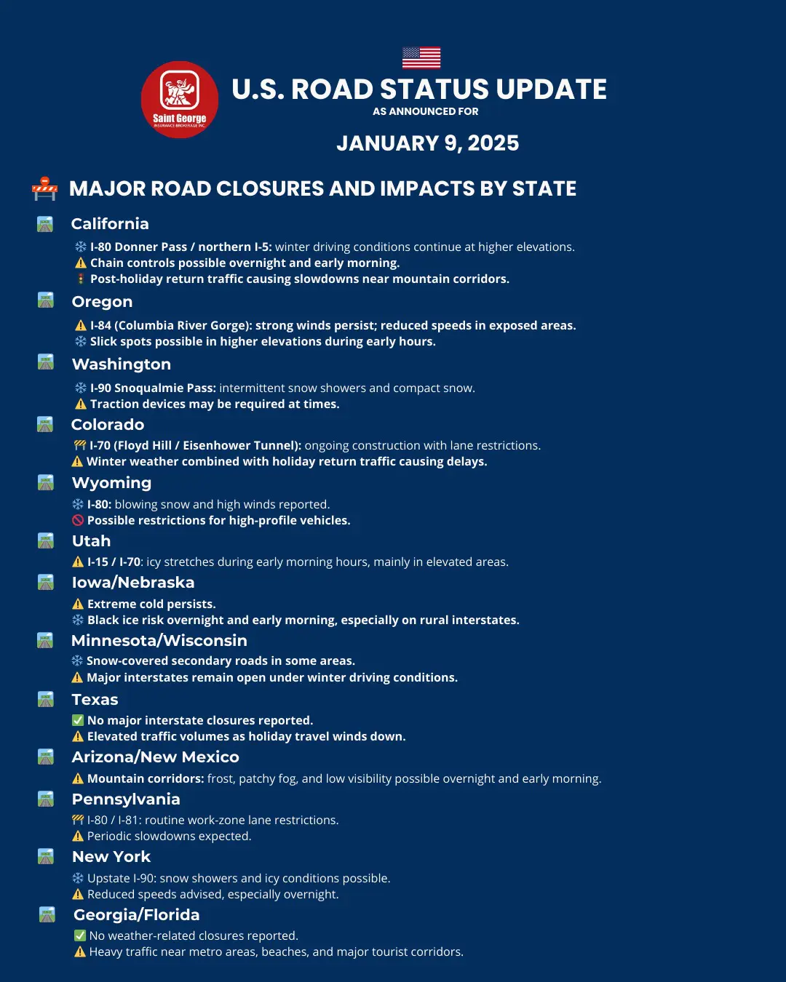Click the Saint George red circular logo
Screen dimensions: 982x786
point(179,100)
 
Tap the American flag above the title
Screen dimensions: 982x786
point(421,57)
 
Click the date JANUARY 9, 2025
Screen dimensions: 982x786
point(427,143)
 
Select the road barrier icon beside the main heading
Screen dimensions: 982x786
point(44,188)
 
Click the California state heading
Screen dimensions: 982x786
point(110,224)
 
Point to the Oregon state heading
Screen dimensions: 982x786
point(102,302)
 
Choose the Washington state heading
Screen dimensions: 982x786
point(122,364)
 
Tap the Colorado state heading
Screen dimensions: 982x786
point(108,425)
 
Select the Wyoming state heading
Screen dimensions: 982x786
point(111,483)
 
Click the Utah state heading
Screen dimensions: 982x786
point(91,541)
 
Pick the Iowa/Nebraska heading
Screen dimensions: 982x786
point(133,583)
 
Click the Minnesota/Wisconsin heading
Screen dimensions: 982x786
point(159,641)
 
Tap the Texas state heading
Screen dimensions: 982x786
point(95,700)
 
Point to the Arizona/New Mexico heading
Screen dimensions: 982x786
point(155,757)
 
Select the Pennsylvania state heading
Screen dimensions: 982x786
point(126,799)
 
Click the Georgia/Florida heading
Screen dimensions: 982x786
point(136,915)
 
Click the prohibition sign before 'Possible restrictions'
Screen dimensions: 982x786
point(78,520)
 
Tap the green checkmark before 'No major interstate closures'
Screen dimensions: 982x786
point(78,720)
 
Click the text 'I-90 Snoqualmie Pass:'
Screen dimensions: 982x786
point(153,388)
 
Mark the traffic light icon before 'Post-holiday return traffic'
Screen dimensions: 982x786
point(81,279)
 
